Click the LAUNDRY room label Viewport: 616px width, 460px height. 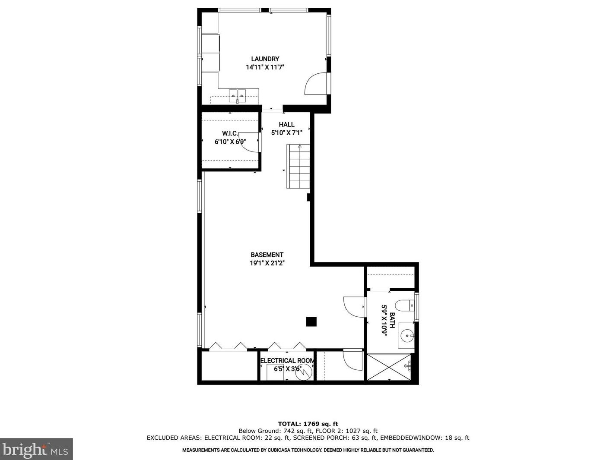click(x=265, y=59)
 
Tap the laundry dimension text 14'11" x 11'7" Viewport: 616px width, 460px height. click(x=265, y=67)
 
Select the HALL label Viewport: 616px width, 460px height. click(x=286, y=125)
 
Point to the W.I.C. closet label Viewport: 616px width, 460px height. click(x=230, y=133)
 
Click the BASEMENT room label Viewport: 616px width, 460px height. click(x=267, y=255)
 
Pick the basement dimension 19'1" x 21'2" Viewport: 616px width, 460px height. click(x=267, y=263)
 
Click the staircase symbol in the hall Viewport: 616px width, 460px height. click(x=298, y=166)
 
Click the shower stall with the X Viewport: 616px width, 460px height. click(x=390, y=367)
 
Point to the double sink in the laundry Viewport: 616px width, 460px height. click(x=237, y=95)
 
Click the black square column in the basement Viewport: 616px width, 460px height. click(x=311, y=322)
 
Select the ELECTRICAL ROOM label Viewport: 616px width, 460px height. click(x=287, y=361)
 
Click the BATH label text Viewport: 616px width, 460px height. click(x=392, y=320)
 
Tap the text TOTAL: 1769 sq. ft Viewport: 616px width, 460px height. click(x=308, y=424)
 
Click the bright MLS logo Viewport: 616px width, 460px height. click(x=36, y=450)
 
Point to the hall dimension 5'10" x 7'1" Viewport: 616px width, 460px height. click(x=286, y=133)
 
